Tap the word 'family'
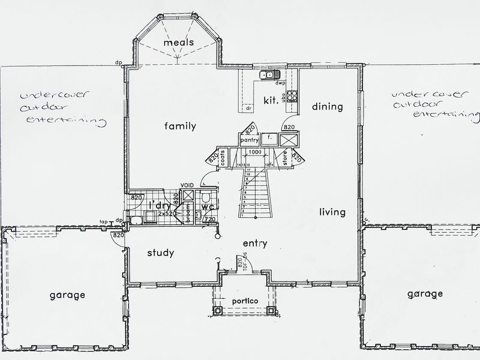[x=181, y=126]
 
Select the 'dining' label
[x=328, y=107]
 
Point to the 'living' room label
[x=332, y=212]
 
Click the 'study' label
[x=160, y=253]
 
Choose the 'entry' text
[x=255, y=244]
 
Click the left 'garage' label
[x=67, y=295]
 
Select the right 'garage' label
[x=425, y=294]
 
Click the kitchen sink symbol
[x=268, y=75]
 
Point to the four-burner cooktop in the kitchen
[x=292, y=95]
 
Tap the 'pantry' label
[x=249, y=140]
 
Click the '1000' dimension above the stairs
[x=254, y=153]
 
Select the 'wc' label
[x=208, y=207]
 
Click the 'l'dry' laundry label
[x=160, y=206]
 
